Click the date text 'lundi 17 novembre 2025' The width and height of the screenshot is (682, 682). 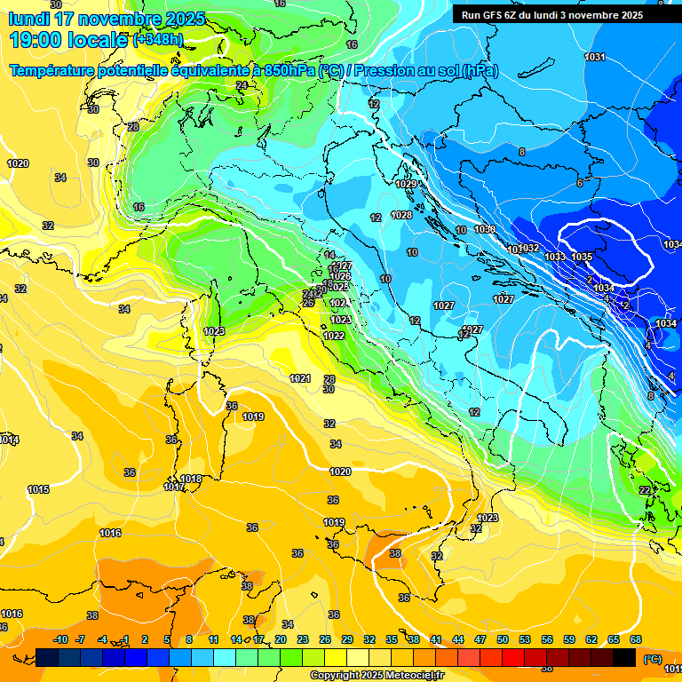pos(107,19)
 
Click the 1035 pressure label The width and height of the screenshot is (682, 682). pos(582,257)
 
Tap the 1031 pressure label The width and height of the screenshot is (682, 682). pos(595,58)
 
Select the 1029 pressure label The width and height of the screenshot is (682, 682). pos(406,184)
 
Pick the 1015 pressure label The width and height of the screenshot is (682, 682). pos(38,489)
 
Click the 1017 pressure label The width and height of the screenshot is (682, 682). pos(174,487)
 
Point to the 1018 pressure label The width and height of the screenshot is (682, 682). pos(192,479)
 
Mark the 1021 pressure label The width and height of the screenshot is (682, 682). pos(300,378)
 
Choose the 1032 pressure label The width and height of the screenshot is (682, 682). pos(529,248)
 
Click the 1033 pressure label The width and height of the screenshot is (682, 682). pos(555,257)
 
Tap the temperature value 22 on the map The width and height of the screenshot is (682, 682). pos(645,490)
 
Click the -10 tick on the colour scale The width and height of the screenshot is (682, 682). pos(60,639)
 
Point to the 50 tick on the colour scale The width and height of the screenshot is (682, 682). pos(502,639)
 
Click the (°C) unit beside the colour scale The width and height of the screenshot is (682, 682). pos(652,658)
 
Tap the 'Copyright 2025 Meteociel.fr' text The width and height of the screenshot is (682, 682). pos(377,675)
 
